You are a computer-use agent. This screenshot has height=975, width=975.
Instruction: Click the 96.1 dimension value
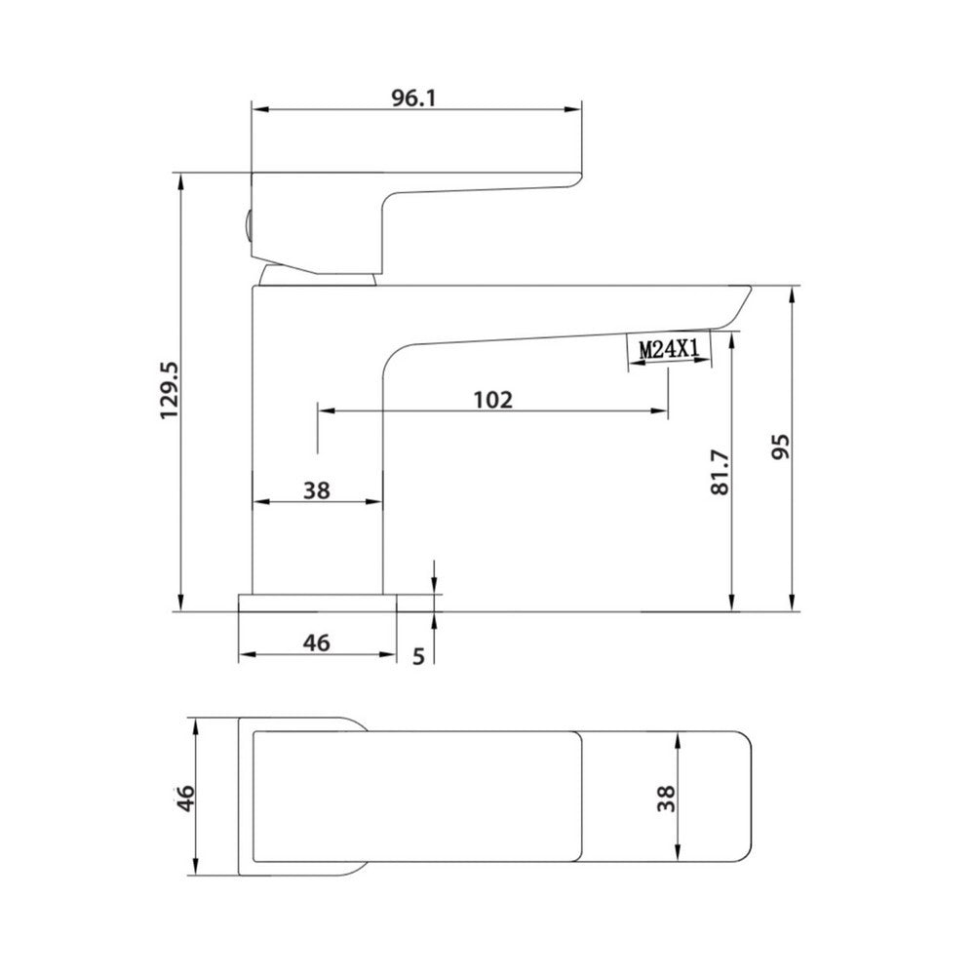[x=415, y=99]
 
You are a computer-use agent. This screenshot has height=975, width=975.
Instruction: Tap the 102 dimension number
[x=492, y=400]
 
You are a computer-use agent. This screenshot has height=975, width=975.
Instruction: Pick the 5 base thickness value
[x=418, y=655]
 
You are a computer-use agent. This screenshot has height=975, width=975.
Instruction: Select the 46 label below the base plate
[x=317, y=643]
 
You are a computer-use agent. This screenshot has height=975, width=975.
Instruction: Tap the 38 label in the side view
[x=316, y=490]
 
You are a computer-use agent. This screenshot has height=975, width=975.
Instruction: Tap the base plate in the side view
[x=317, y=603]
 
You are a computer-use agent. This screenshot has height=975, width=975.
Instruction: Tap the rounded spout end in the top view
[x=731, y=798]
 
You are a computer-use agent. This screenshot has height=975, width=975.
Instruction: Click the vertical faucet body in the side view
[x=317, y=439]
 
